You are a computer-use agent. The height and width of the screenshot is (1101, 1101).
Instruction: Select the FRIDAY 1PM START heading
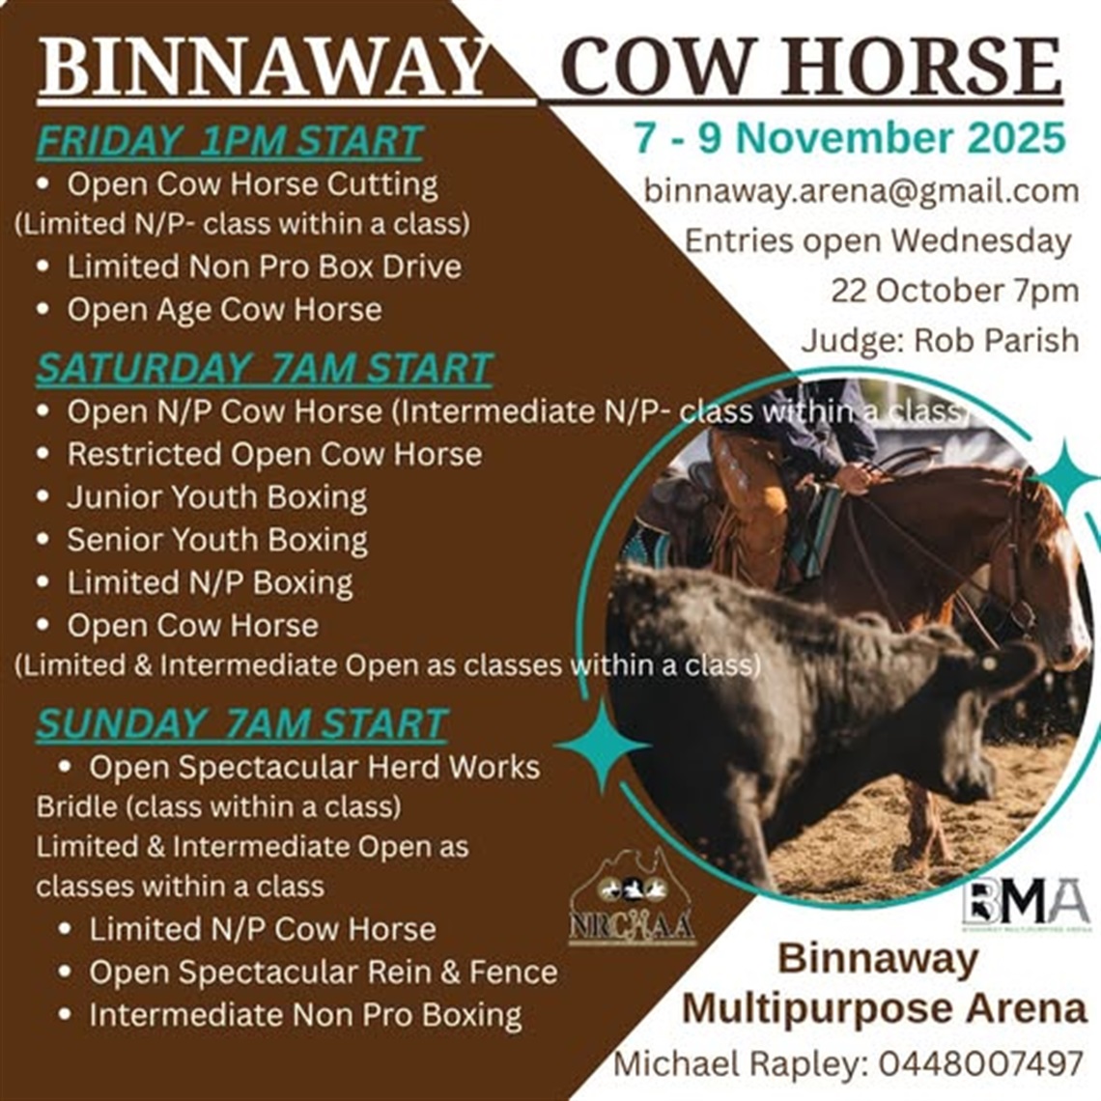[x=229, y=142]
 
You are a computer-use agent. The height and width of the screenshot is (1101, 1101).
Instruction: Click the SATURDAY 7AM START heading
[x=264, y=369]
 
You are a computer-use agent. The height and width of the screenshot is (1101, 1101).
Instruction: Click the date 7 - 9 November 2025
[x=850, y=138]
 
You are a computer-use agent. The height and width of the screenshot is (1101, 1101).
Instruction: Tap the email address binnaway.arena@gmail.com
[x=861, y=190]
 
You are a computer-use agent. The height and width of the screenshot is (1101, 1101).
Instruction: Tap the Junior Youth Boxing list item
[x=216, y=497]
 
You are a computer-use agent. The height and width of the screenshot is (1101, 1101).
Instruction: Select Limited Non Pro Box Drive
[x=264, y=267]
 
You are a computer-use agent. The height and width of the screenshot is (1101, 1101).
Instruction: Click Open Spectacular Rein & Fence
[x=323, y=972]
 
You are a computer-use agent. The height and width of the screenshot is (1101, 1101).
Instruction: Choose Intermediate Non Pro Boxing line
[x=305, y=1015]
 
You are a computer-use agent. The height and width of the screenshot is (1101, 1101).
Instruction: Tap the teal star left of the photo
[x=602, y=746]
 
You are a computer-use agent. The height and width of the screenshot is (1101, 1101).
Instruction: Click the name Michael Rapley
[x=739, y=1063]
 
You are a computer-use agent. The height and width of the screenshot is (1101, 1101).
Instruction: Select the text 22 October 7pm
[x=954, y=291]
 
